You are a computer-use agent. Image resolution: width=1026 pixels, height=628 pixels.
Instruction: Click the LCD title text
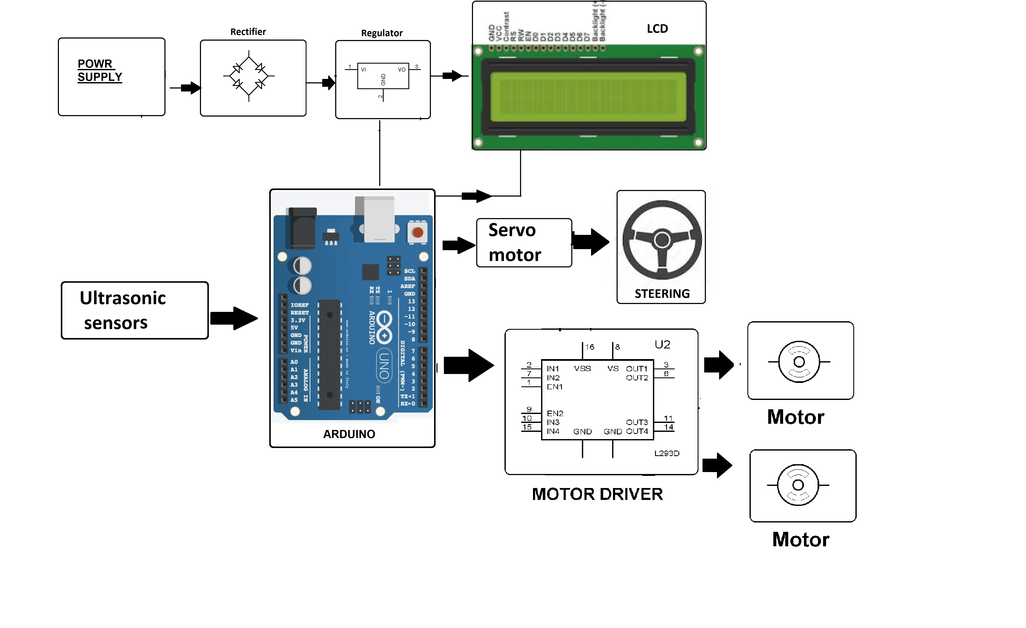pos(657,29)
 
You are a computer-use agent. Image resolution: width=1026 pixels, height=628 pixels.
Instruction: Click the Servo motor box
pos(524,243)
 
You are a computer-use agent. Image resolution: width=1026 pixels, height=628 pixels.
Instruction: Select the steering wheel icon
pos(662,240)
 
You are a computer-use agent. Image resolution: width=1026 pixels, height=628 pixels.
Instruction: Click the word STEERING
pos(662,294)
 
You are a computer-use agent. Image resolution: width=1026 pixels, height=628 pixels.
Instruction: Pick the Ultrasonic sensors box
pos(134,310)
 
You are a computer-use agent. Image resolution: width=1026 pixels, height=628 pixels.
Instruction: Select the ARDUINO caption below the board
pos(349,434)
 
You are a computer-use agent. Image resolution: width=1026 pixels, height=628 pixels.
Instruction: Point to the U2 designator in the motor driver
pos(662,344)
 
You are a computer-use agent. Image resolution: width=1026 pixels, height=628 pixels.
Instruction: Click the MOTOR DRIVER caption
pos(597,494)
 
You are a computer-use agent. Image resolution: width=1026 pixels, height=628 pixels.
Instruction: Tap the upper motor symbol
pos(799,361)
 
